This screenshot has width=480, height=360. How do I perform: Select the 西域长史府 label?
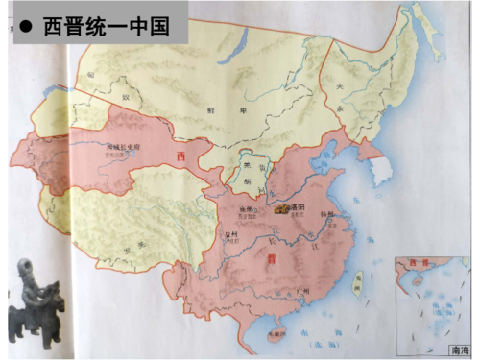tap(124, 147)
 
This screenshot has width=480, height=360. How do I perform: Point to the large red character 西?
tap(179, 156)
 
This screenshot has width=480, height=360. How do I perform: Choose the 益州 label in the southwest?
tap(228, 233)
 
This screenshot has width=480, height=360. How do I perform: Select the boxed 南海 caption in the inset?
tap(460, 352)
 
